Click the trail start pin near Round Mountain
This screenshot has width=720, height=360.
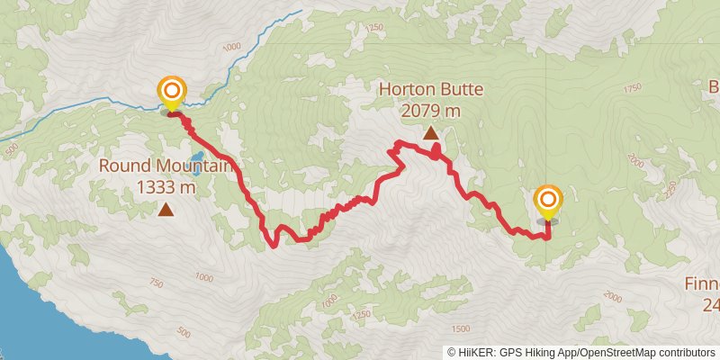click(x=171, y=92)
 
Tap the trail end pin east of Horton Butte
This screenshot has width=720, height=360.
click(x=547, y=200)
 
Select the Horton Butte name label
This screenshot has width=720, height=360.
click(x=431, y=90)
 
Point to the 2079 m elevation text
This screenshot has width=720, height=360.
click(x=431, y=111)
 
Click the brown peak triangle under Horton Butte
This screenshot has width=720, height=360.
click(x=431, y=133)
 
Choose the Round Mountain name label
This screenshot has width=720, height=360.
click(x=165, y=166)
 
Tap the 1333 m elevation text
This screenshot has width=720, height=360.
click(x=166, y=187)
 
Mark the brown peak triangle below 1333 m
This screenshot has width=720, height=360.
click(x=166, y=210)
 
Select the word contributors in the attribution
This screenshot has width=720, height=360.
click(x=689, y=352)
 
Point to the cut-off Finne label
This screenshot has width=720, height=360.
click(x=700, y=283)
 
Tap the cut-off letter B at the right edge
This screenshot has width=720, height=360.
click(x=714, y=88)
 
